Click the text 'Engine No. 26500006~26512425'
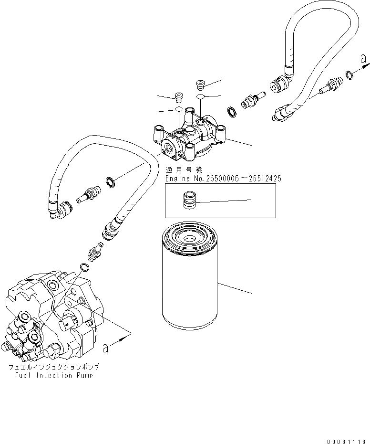pos(223,179)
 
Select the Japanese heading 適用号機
pos(184,170)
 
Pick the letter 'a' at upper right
pos(363,59)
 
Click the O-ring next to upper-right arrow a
pos(349,74)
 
